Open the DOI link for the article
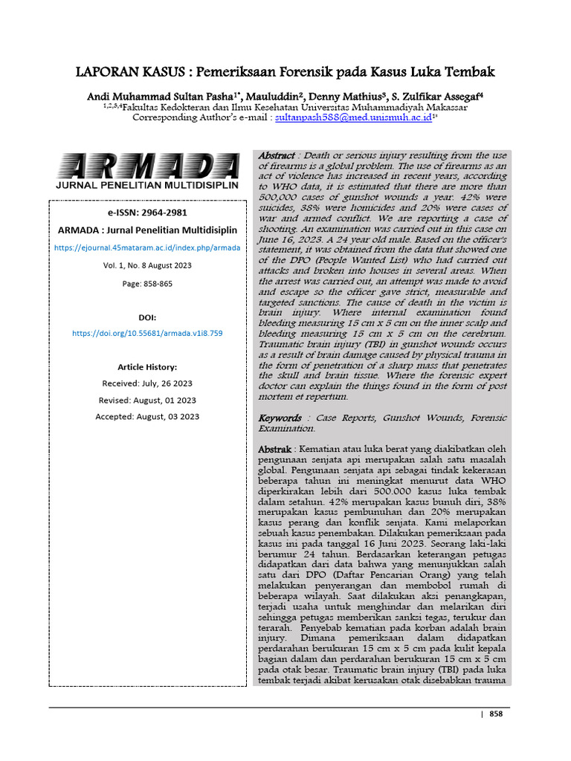pyautogui.click(x=147, y=334)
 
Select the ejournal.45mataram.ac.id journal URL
pyautogui.click(x=147, y=247)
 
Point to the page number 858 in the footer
pyautogui.click(x=496, y=713)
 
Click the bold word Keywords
pyautogui.click(x=280, y=418)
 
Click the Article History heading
pyautogui.click(x=147, y=367)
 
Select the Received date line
pyautogui.click(x=147, y=383)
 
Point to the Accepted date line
pyautogui.click(x=147, y=417)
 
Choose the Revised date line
pyautogui.click(x=147, y=400)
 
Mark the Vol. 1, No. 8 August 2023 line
pyautogui.click(x=147, y=266)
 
